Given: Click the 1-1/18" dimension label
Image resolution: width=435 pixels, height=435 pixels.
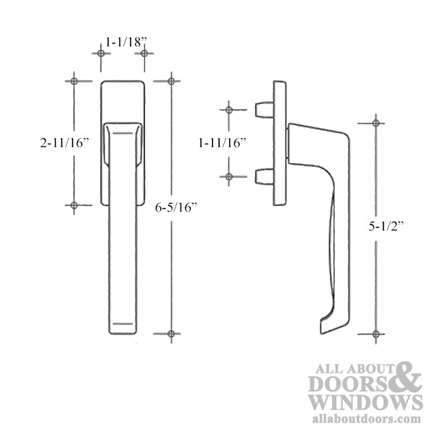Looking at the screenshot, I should tap(122, 43).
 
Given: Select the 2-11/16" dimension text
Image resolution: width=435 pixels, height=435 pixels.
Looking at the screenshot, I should tap(65, 143).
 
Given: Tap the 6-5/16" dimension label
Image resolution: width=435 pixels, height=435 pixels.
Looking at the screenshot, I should tap(177, 207).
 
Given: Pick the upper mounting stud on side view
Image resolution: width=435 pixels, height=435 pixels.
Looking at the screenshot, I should tap(264, 110).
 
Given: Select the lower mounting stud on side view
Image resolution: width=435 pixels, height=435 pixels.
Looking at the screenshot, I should tap(264, 176).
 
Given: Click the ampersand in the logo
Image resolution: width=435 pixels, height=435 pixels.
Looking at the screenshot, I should tap(410, 378).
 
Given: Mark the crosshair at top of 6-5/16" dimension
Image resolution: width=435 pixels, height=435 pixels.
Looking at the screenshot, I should tap(171, 80).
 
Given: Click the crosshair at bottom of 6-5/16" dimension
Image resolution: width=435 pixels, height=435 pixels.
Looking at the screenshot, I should tap(171, 334).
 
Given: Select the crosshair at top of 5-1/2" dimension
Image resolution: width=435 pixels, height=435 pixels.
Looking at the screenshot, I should tap(376, 122).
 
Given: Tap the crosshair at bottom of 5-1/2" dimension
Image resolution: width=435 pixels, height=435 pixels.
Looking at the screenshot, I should tap(376, 334).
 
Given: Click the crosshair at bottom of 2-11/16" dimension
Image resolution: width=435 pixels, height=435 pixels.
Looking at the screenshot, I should tap(74, 206).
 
